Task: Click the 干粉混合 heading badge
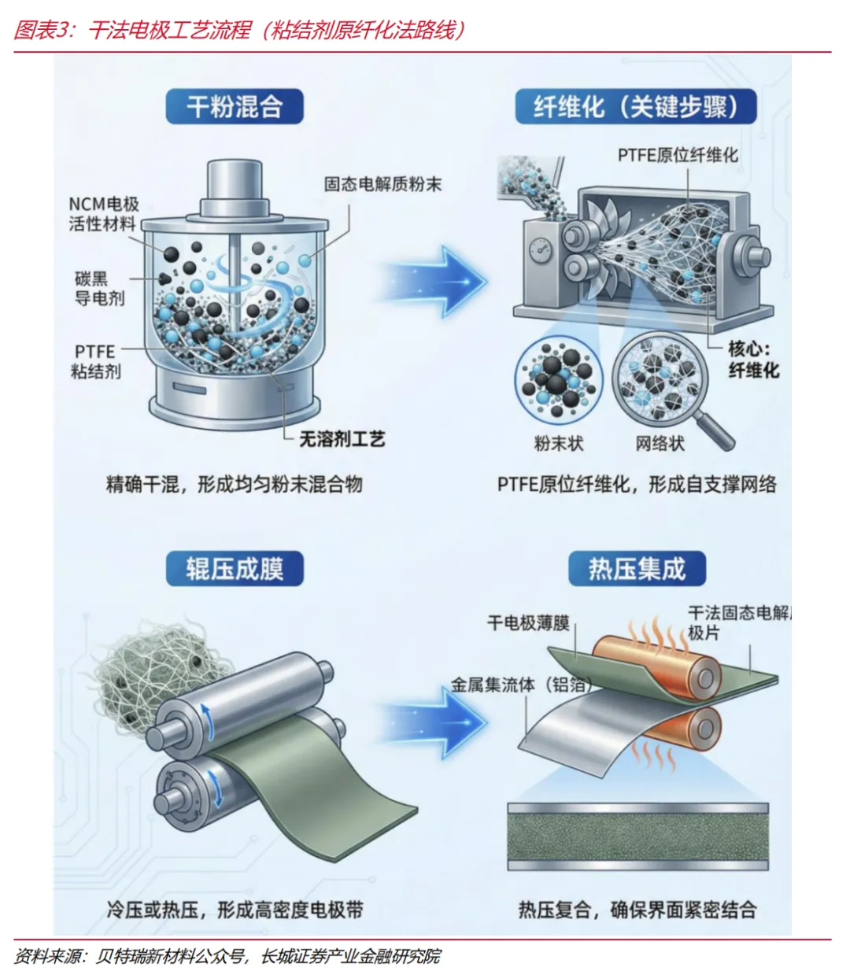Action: [234, 106]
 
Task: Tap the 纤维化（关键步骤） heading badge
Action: [635, 106]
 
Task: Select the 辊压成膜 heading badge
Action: [234, 568]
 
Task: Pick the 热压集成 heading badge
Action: [637, 568]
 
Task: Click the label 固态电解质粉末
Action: [382, 184]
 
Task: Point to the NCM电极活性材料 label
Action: [103, 214]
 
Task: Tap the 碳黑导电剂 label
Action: [99, 288]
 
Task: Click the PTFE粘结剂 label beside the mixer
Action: [95, 361]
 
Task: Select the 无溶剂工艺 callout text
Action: [342, 439]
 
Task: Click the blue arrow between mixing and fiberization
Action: [441, 280]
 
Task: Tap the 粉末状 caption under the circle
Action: [559, 444]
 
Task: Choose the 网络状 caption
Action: [660, 444]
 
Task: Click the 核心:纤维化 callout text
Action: [752, 359]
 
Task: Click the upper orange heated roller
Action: [657, 665]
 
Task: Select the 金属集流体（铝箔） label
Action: [519, 685]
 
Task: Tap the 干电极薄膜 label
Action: [528, 623]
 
